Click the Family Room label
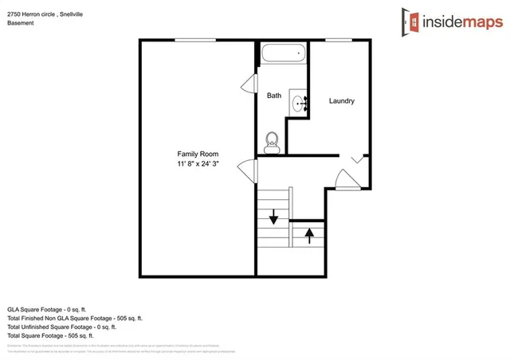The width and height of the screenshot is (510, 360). tap(198, 154)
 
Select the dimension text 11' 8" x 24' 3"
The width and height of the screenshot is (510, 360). tap(198, 163)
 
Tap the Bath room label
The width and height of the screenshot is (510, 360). tap(273, 96)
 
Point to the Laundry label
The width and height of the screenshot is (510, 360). tap(341, 101)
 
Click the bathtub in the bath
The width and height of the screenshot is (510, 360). tap(283, 54)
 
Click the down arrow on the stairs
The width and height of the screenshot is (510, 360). tap(273, 216)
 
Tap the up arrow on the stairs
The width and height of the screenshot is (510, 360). tap(309, 236)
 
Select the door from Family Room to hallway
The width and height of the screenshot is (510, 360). tap(250, 169)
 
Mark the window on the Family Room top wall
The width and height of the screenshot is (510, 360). tap(197, 41)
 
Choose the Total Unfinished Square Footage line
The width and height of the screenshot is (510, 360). tap(61, 327)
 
